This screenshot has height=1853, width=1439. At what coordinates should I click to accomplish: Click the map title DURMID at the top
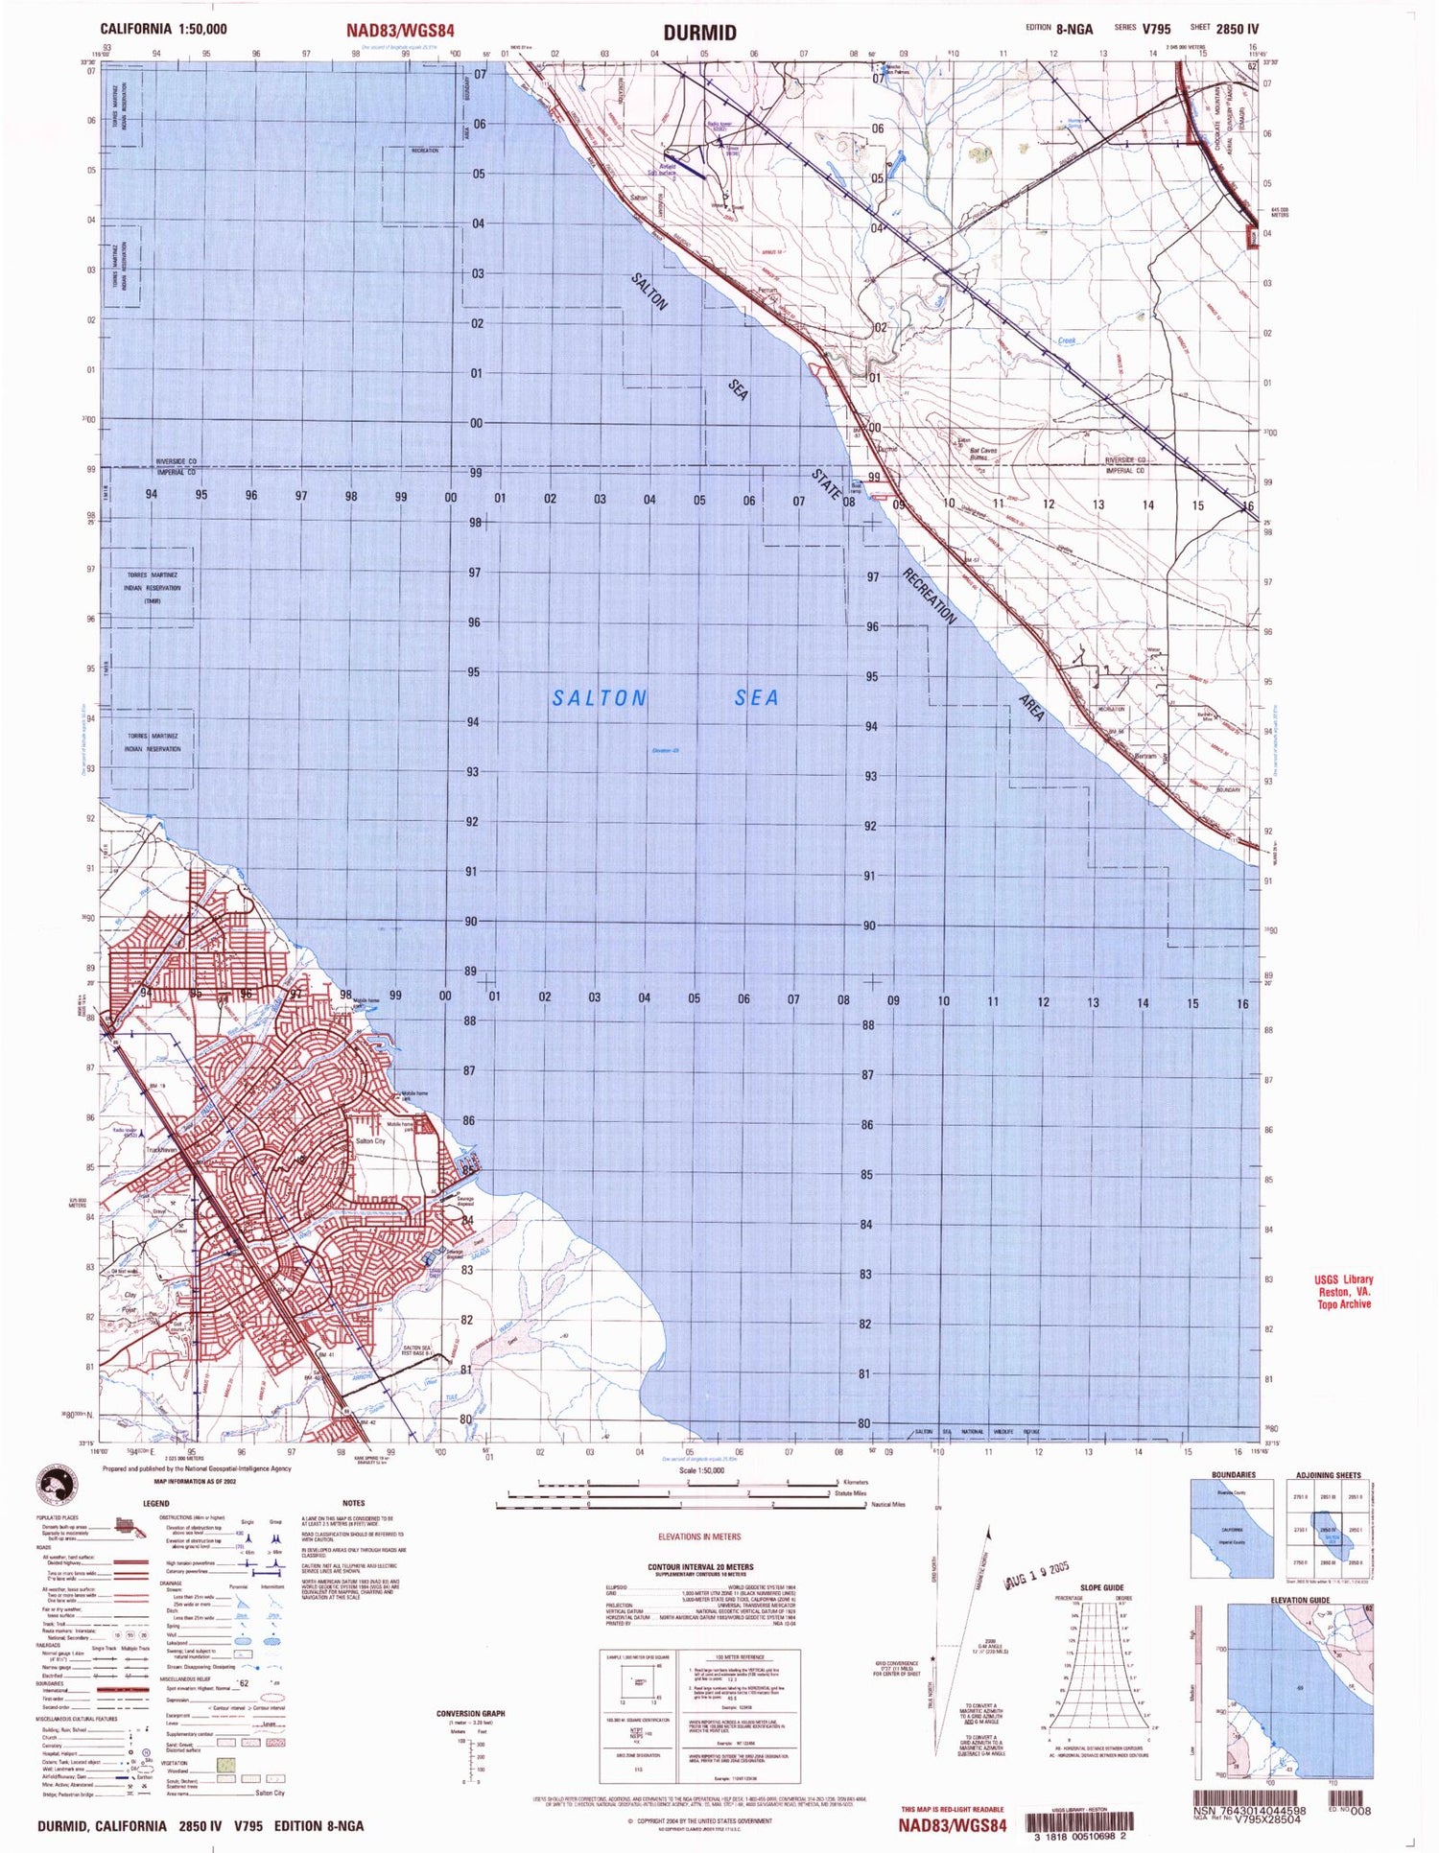point(700,33)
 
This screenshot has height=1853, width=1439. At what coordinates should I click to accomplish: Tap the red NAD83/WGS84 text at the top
point(400,31)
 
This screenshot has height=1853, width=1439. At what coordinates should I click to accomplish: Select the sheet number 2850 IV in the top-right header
point(1237,29)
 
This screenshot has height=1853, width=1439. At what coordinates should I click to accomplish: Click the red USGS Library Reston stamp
point(1343,1291)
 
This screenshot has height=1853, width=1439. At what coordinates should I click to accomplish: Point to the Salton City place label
point(370,1141)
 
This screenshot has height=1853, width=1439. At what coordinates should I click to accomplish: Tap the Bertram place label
point(1145,757)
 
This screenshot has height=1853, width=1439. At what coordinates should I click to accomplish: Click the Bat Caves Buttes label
point(982,454)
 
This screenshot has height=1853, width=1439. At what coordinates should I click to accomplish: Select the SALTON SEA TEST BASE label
point(417,1351)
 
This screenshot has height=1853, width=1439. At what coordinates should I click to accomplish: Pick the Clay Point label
point(130,1302)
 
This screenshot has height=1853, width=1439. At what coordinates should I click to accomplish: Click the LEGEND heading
point(156,1503)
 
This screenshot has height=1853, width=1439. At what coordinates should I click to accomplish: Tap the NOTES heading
point(353,1503)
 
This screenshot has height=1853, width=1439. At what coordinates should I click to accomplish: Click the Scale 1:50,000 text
point(701,1470)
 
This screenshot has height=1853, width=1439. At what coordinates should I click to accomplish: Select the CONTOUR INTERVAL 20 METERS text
point(700,1567)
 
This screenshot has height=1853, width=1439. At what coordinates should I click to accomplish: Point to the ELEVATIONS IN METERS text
point(699,1536)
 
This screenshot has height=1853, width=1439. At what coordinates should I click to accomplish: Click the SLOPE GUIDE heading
point(1101,1587)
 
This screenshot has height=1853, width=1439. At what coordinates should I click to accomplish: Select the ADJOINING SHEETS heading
point(1328,1474)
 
